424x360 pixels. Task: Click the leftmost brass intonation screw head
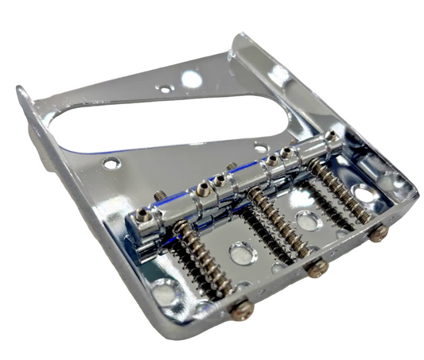click(243, 309)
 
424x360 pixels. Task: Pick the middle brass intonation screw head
click(318, 269)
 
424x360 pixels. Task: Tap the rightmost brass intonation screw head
click(379, 232)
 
